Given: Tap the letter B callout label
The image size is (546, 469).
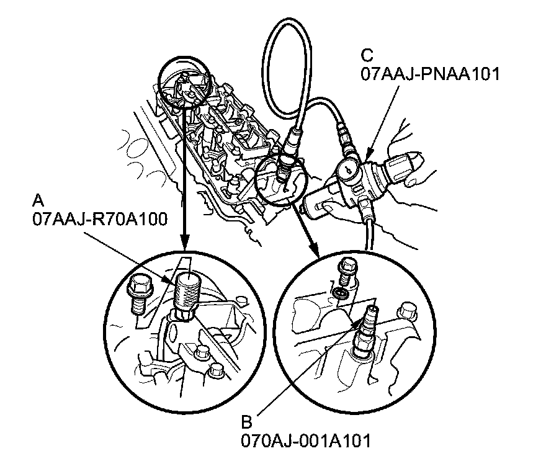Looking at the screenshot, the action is pos(246,422).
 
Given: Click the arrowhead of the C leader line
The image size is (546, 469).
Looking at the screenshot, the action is pos(368,152).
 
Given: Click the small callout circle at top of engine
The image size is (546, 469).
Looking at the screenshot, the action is pos(184,82).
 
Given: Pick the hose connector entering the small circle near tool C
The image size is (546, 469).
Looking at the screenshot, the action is pos(287,158).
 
